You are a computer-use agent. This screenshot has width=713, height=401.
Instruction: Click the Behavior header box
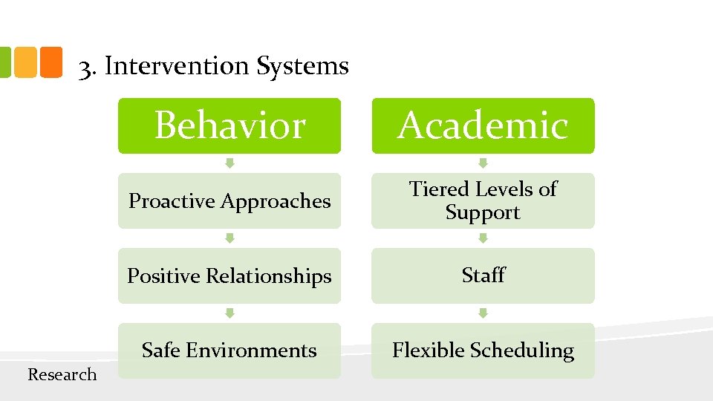tap(229, 125)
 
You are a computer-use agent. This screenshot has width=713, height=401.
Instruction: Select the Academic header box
tap(483, 125)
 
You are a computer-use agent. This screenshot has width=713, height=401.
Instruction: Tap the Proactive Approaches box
tap(229, 201)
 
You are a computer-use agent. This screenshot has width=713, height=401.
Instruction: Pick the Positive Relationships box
tap(229, 276)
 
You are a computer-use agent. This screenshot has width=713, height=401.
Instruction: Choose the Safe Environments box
tap(229, 351)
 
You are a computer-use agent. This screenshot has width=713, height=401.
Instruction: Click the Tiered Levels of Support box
tap(483, 200)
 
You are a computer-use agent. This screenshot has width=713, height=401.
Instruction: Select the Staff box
tap(483, 276)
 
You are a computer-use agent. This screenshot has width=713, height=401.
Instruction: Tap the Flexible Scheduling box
tap(483, 351)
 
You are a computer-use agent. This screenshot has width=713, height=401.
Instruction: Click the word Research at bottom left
tap(62, 375)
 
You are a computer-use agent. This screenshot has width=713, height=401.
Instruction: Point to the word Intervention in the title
tap(177, 66)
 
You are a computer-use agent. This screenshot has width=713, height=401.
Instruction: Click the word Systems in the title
tap(302, 66)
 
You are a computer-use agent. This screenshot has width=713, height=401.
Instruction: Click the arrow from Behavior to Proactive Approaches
tap(229, 163)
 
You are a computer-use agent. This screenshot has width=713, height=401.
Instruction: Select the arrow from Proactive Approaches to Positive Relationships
tap(229, 238)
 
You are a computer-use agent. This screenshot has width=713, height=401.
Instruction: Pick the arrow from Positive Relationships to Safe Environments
tap(229, 313)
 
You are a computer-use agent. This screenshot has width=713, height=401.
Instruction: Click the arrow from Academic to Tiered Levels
tap(483, 163)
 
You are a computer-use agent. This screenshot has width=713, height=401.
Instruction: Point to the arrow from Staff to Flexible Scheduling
tap(483, 313)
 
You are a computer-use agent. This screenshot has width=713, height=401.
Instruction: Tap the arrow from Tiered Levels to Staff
tap(483, 238)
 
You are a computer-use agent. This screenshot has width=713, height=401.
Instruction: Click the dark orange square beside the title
tap(51, 62)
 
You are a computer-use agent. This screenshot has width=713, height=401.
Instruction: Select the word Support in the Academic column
tap(483, 213)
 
